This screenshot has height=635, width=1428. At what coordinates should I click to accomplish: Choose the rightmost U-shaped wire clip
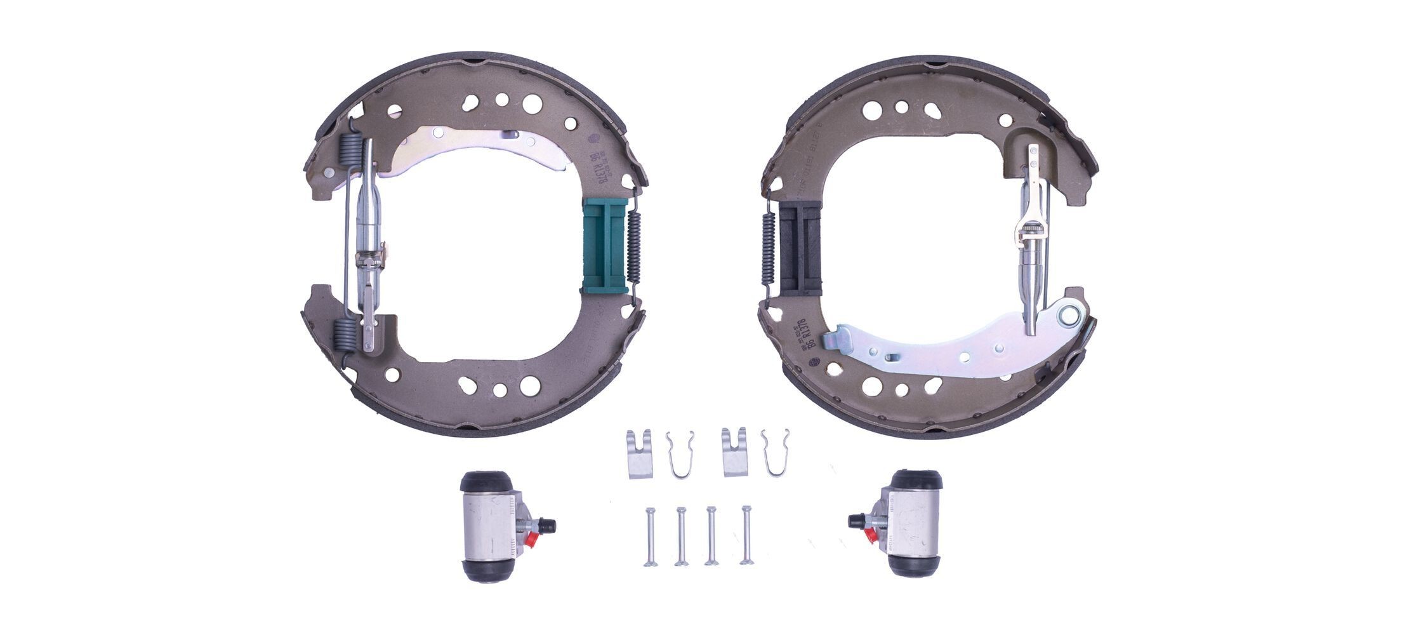point(775,452)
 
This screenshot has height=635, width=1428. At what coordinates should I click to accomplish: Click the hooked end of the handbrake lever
point(833,338)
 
